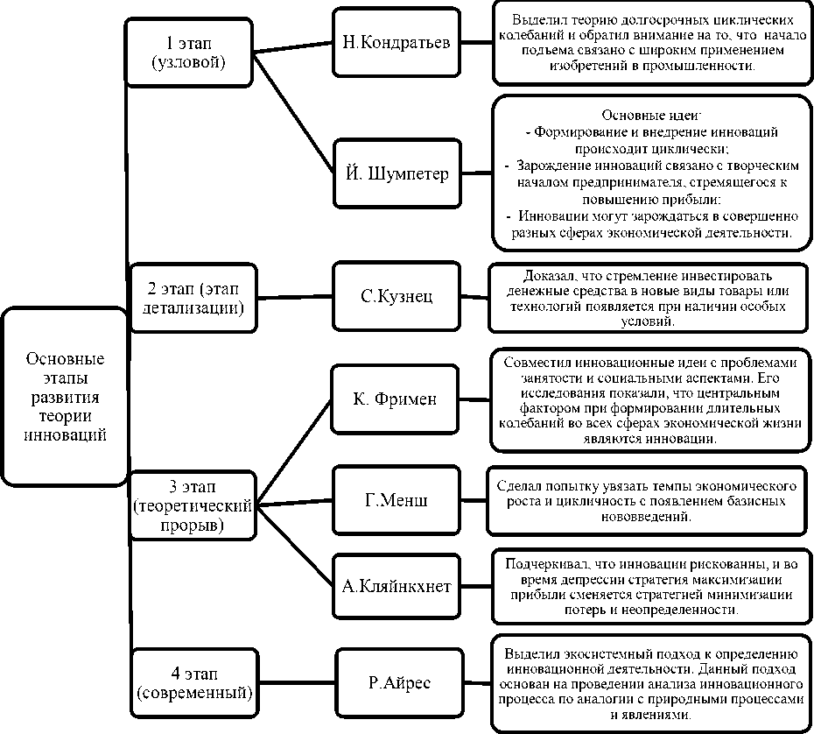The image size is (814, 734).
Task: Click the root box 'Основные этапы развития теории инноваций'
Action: point(65,396)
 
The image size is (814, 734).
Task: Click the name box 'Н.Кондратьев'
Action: point(396,43)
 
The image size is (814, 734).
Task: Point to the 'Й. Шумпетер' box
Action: point(396,173)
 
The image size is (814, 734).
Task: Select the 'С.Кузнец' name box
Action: point(396,296)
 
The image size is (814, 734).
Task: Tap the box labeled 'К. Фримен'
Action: point(396,399)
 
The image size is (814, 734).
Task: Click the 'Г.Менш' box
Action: point(396,500)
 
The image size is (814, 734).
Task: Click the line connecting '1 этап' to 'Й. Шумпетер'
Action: point(294,112)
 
